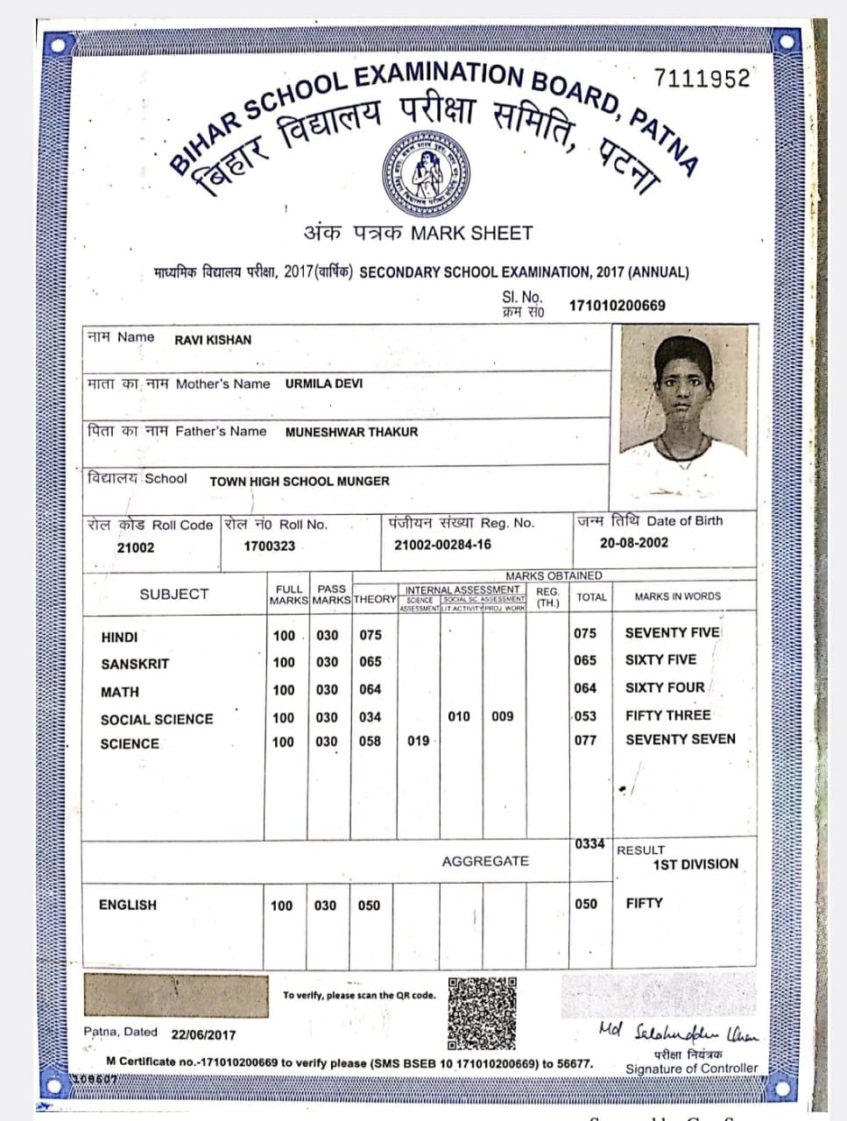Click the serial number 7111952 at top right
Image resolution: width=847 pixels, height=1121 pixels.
(x=702, y=79)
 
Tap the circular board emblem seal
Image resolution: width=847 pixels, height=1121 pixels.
(x=424, y=173)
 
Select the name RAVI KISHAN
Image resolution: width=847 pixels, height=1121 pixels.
(x=213, y=340)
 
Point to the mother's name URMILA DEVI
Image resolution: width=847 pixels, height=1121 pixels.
(x=323, y=384)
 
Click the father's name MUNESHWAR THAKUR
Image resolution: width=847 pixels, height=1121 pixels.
(x=351, y=432)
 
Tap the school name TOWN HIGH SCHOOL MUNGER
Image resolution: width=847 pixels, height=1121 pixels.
(x=300, y=481)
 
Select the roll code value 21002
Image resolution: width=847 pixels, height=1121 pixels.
(x=135, y=547)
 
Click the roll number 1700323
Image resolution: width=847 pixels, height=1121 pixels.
(x=269, y=546)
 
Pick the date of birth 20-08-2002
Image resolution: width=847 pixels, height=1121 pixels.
(x=633, y=543)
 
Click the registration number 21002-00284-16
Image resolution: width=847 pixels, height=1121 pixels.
(x=442, y=545)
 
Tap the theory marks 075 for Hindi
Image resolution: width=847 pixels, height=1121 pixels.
(x=371, y=635)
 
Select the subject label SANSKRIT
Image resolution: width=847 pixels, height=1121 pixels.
(x=135, y=665)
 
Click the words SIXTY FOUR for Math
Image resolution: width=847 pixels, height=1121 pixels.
(x=664, y=688)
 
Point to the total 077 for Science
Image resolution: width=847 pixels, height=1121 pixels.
(x=585, y=740)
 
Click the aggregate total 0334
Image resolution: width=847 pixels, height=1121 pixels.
(x=589, y=844)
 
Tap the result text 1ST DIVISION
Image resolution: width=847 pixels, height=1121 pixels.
(x=695, y=864)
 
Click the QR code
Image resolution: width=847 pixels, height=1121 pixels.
(x=482, y=1013)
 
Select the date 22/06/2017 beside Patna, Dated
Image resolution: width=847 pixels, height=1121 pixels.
(x=203, y=1034)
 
